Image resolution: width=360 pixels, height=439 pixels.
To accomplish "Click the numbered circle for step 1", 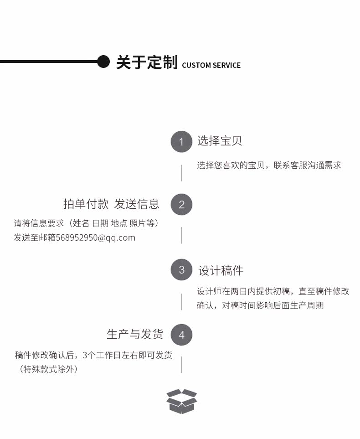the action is pos(181,141).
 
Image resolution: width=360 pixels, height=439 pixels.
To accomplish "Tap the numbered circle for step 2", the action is pos(181,205).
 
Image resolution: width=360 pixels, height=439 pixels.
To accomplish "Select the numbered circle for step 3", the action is pos(181,269).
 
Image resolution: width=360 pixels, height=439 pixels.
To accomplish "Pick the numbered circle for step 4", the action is pos(181,335).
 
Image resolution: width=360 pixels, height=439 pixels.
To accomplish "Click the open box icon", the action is pos(181,401).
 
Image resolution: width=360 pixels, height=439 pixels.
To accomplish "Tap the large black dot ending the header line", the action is pos(103,62).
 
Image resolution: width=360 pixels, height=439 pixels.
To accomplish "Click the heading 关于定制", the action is pos(147,62).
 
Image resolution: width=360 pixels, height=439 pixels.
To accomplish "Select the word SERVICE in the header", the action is pos(226,65).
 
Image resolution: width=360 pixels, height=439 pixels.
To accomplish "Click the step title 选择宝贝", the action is pos(220,141).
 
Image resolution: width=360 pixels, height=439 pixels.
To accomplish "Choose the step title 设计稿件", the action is pos(221,270).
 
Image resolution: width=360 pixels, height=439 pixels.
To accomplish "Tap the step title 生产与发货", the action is pos(135,334).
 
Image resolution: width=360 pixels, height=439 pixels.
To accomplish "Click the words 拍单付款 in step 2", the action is pos(86,204).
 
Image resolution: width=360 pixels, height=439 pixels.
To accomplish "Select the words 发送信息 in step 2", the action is pos(137,204).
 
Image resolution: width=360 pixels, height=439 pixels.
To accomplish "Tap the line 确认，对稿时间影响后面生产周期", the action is pos(260,305).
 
